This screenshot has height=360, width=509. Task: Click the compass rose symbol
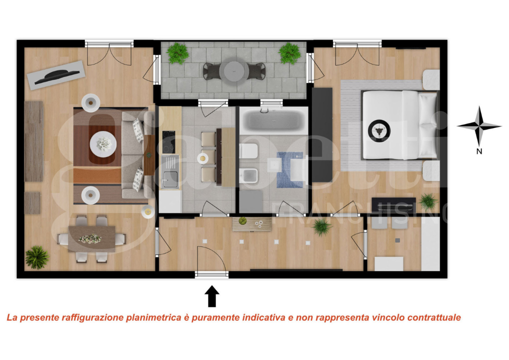point(479,126)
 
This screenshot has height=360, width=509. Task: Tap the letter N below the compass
point(479,151)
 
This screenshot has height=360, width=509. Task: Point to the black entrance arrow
point(212,295)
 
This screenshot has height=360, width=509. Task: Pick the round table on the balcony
point(233,71)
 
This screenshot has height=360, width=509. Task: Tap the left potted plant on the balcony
point(177,53)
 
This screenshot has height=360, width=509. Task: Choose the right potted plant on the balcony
point(290,53)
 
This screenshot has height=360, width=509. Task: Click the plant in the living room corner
point(37,257)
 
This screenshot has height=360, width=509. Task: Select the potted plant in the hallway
point(321,227)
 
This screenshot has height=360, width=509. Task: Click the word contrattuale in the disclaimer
point(434,317)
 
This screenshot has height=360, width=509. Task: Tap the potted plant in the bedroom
point(427,201)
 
